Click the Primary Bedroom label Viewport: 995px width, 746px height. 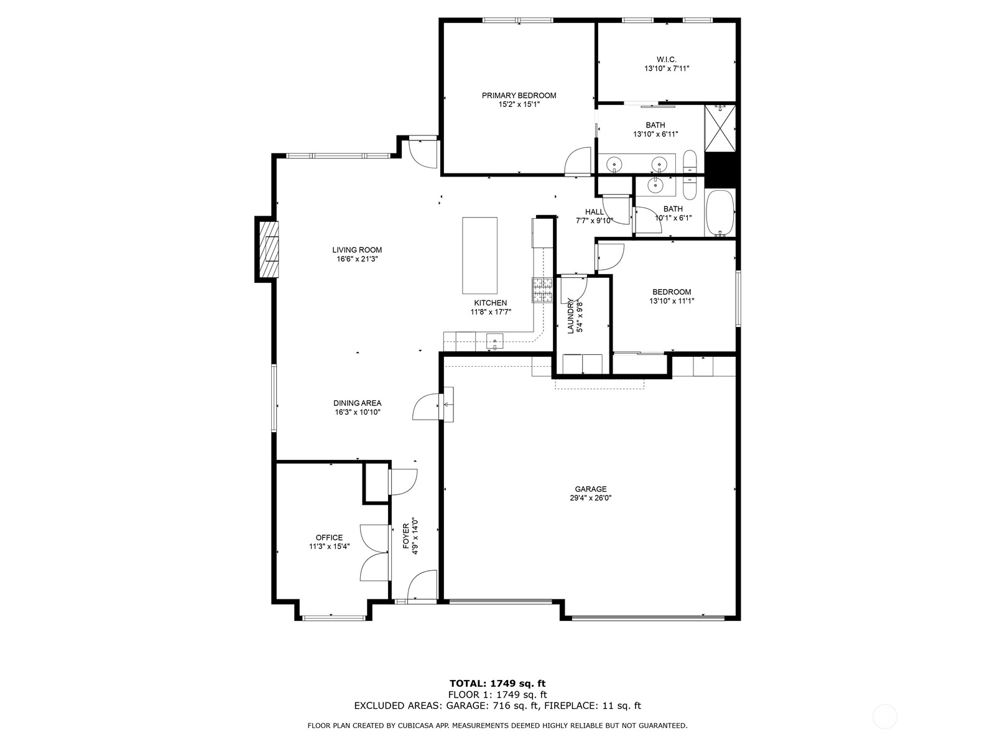click(519, 96)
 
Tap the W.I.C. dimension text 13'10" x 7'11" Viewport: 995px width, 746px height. click(667, 69)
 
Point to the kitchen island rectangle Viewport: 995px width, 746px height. click(479, 256)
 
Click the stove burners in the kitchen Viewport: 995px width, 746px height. click(543, 290)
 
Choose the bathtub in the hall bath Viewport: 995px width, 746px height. click(720, 213)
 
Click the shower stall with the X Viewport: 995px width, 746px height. click(720, 128)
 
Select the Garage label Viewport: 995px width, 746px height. click(591, 489)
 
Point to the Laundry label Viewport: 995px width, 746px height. click(571, 316)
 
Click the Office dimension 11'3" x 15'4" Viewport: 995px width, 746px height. click(329, 546)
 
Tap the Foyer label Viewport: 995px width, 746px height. click(405, 536)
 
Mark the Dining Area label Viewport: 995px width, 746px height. click(357, 403)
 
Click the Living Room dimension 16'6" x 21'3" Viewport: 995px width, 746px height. click(357, 259)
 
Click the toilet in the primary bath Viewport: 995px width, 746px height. click(690, 162)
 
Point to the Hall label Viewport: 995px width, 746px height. click(595, 212)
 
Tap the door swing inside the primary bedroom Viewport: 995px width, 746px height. click(578, 161)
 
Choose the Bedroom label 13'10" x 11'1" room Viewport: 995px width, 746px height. click(672, 292)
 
